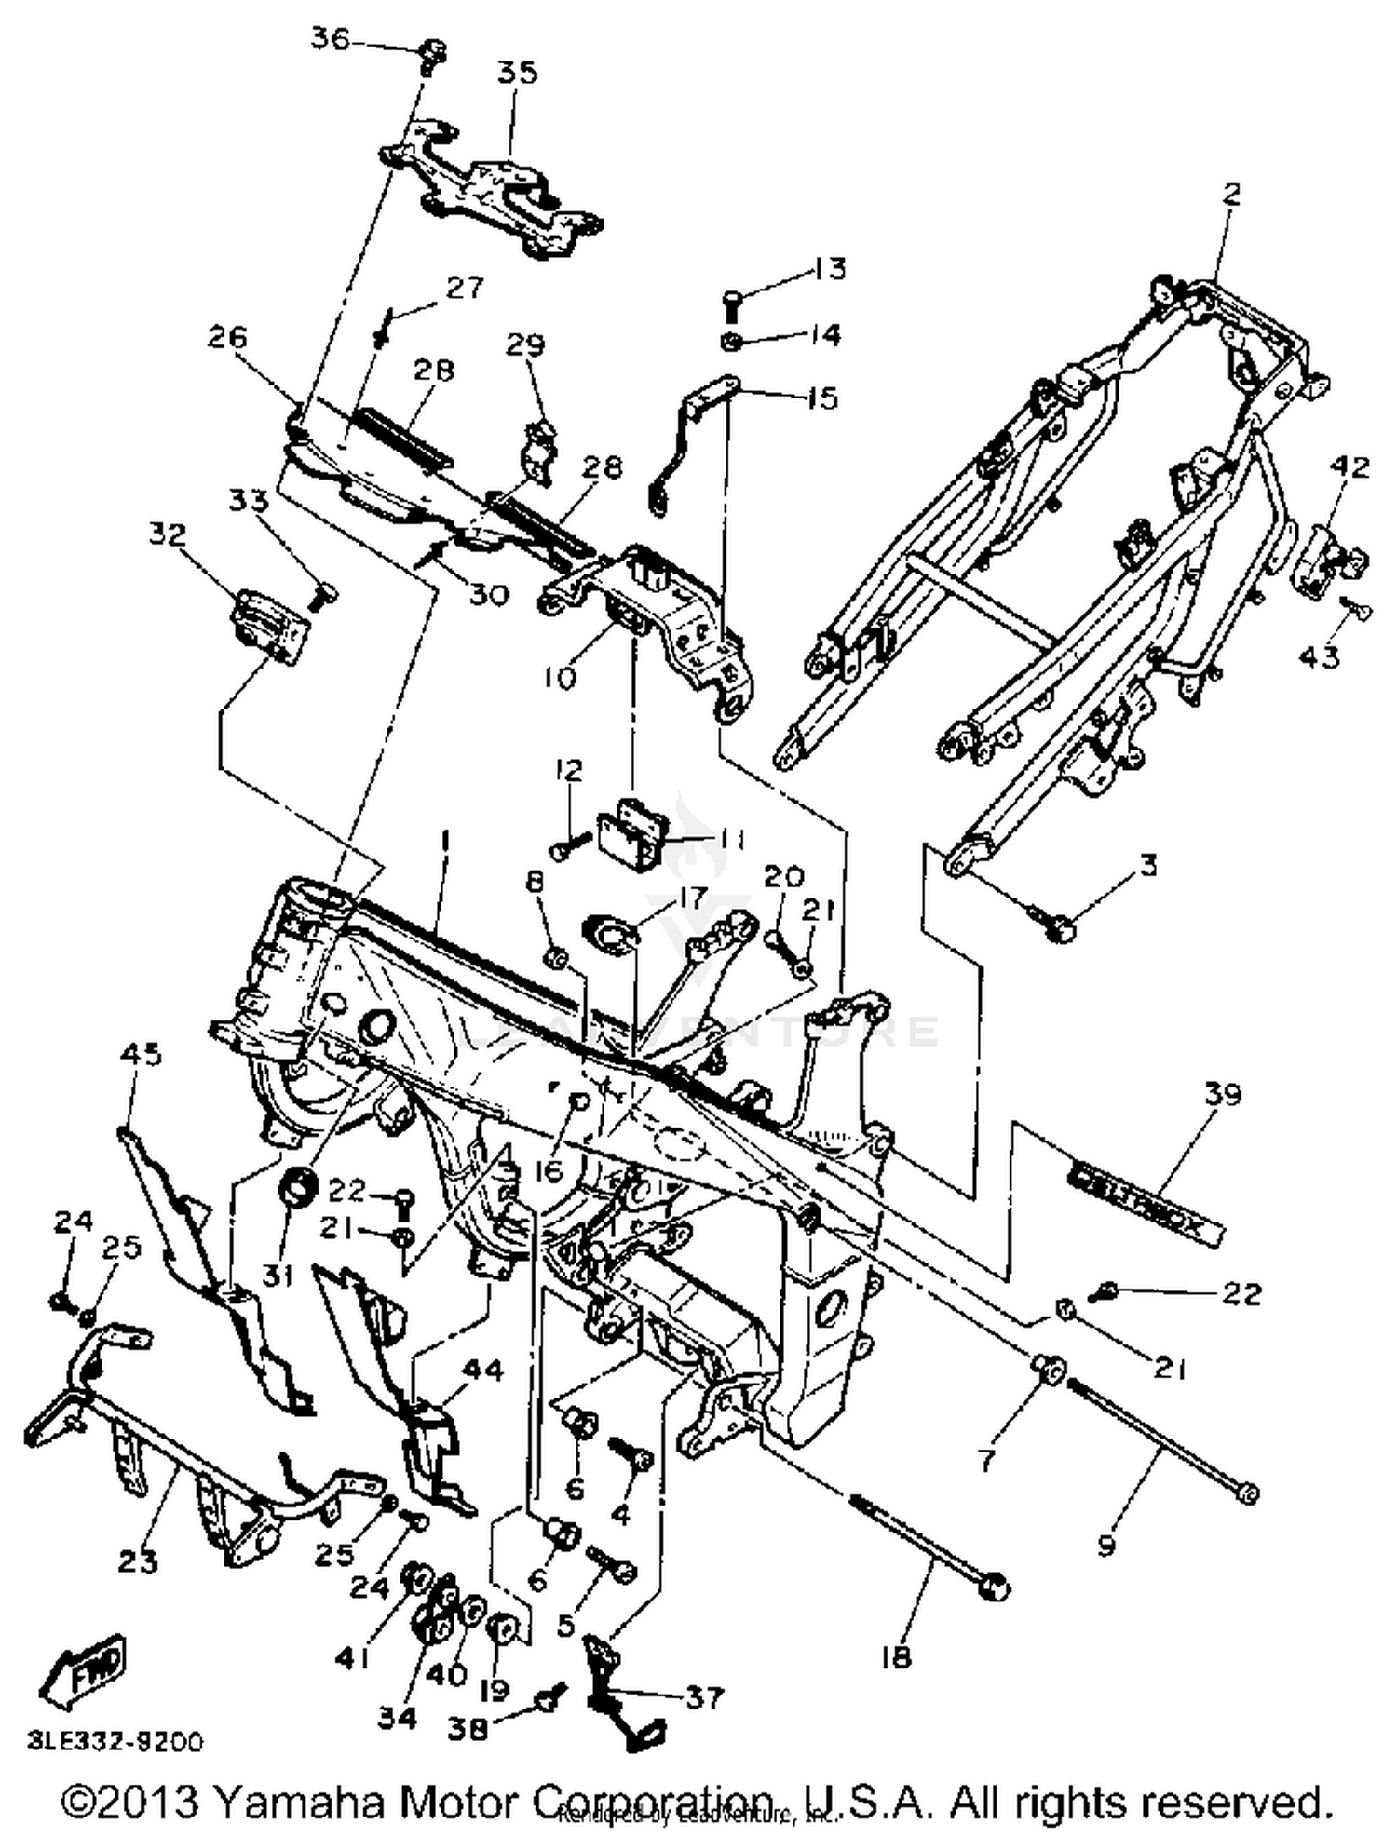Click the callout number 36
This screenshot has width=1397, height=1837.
click(330, 40)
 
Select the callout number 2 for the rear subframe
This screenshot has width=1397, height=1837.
click(1231, 195)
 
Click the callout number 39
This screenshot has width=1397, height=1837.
click(1223, 1095)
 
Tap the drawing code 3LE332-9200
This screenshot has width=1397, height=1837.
click(115, 1741)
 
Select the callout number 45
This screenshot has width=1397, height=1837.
click(141, 1054)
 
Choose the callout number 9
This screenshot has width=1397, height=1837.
click(1105, 1547)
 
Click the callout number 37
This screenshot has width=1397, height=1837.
click(704, 1697)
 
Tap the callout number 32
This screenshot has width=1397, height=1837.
click(167, 534)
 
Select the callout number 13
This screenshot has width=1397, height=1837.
click(828, 268)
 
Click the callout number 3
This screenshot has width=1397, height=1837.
click(1148, 865)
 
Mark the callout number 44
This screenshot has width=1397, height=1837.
click(482, 1370)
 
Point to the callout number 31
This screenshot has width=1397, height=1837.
click(278, 1274)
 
